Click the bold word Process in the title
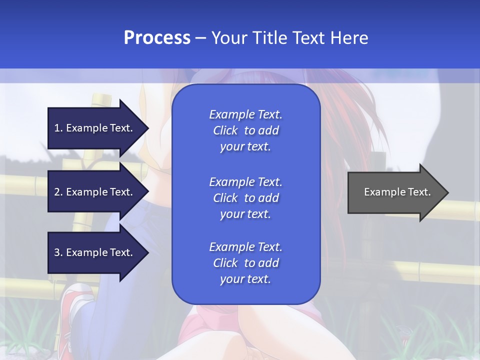pos(157,38)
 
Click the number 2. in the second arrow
pos(58,192)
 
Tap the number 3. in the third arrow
pos(58,252)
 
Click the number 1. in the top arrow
pos(58,128)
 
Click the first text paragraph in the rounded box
pos(245,130)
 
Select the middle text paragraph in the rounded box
pos(245,198)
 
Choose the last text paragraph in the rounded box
pos(245,263)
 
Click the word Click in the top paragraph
pos(225,130)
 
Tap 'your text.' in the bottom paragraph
pos(245,279)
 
